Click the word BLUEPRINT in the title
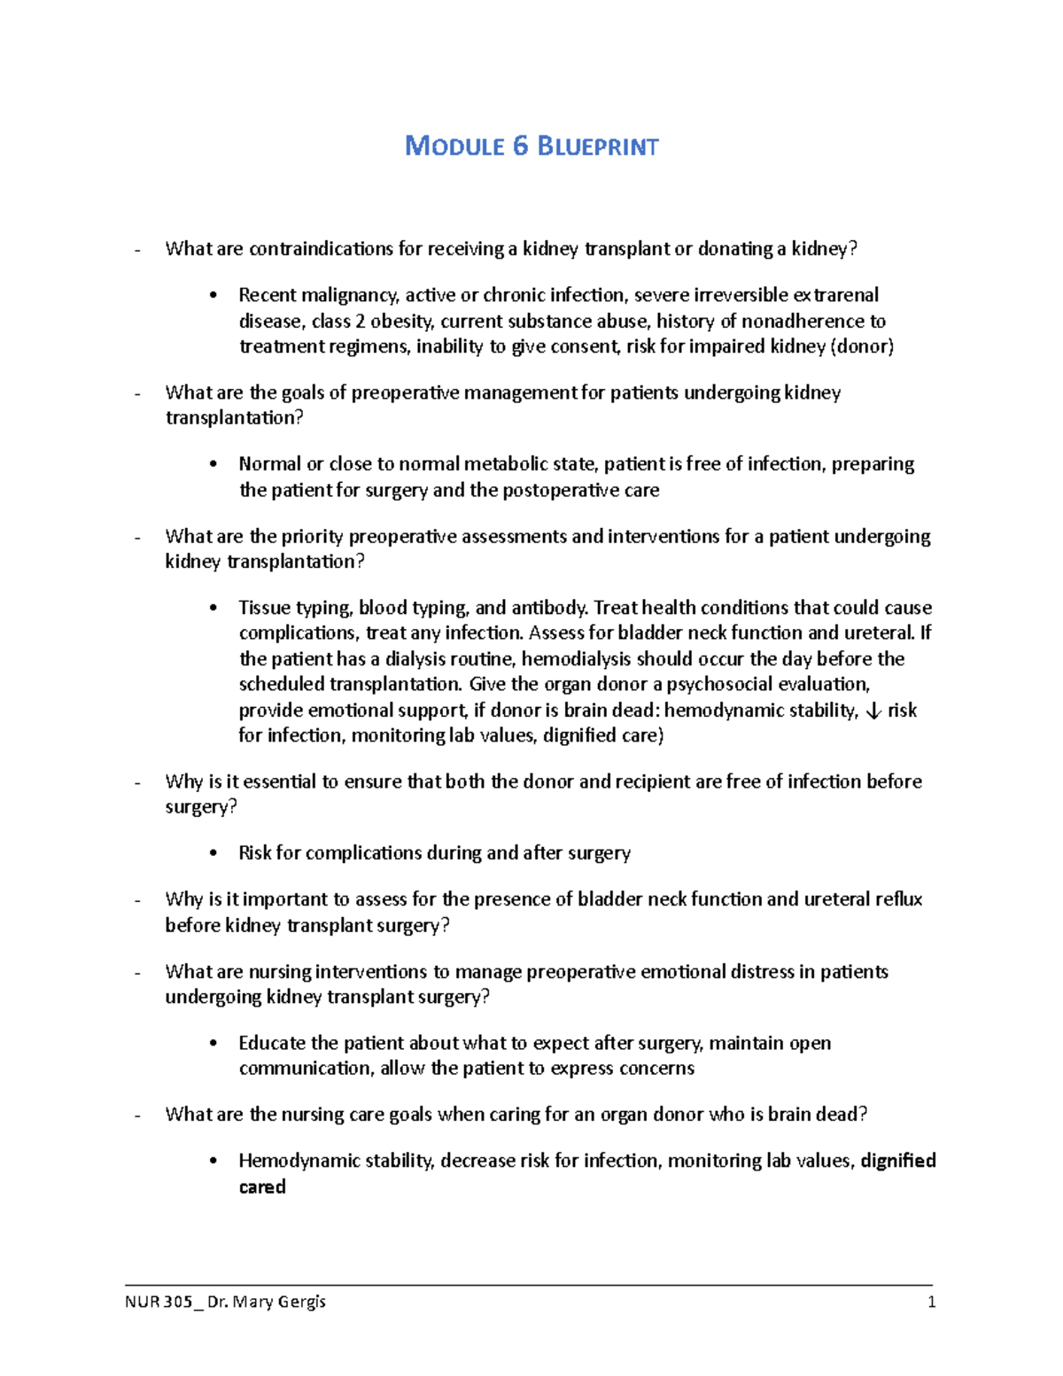click(x=598, y=146)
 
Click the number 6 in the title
click(x=520, y=146)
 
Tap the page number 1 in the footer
click(x=931, y=1302)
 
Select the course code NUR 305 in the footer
click(x=159, y=1302)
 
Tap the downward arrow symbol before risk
click(x=873, y=711)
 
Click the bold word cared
click(x=262, y=1186)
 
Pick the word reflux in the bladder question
click(x=899, y=899)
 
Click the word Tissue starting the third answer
click(x=264, y=608)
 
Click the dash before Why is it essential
click(x=137, y=782)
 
